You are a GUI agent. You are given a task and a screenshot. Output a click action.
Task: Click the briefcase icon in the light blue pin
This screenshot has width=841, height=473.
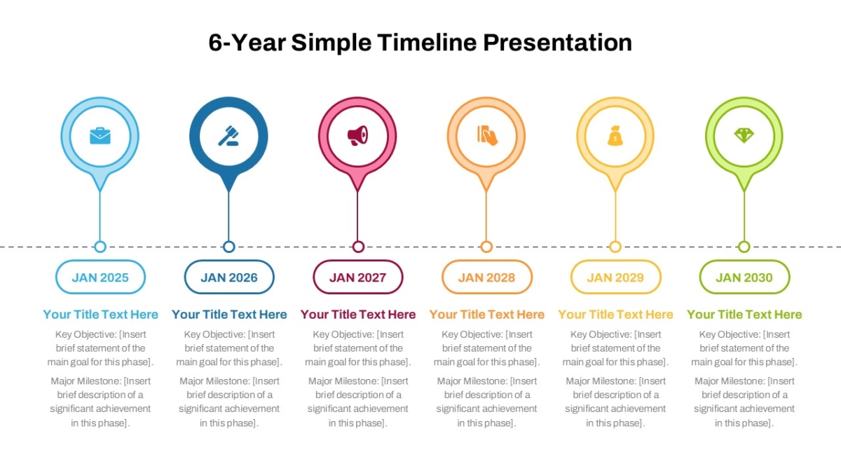[100, 136]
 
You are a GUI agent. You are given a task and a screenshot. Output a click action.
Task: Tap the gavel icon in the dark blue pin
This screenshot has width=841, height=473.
[228, 136]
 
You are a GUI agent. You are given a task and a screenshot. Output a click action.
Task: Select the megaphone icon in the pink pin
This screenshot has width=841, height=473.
[357, 135]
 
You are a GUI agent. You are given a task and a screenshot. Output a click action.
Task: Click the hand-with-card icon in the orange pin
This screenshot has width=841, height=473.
[487, 135]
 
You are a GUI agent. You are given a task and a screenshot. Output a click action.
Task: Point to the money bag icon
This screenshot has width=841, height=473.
[615, 135]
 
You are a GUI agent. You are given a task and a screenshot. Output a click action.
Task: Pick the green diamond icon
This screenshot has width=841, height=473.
[744, 135]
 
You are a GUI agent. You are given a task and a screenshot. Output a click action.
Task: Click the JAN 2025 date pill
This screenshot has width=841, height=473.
[100, 277]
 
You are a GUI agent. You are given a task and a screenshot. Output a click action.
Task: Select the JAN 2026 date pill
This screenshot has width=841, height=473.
[229, 277]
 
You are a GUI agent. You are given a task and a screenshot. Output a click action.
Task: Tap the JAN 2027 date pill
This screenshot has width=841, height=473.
[358, 277]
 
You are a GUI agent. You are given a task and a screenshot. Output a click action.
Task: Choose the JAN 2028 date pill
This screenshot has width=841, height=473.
[487, 277]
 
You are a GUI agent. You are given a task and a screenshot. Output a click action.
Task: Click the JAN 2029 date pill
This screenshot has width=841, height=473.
[616, 277]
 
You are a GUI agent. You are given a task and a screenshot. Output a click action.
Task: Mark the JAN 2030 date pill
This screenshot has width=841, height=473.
[744, 277]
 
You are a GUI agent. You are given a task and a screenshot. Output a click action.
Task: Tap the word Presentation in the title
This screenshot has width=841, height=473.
[558, 43]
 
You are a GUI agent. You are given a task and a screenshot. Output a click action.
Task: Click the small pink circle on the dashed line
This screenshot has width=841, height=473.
[358, 247]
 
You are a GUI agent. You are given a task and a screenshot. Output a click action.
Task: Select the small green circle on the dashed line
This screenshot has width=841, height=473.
[744, 247]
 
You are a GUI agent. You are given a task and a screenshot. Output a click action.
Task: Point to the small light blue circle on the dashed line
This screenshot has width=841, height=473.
[100, 247]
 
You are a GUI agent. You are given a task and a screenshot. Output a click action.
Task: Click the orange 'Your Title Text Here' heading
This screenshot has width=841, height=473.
[487, 314]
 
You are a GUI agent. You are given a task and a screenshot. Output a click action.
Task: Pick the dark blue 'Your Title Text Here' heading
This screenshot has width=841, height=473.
[229, 314]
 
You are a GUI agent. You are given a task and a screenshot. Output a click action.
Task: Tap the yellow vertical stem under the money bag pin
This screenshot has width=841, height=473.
[615, 217]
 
